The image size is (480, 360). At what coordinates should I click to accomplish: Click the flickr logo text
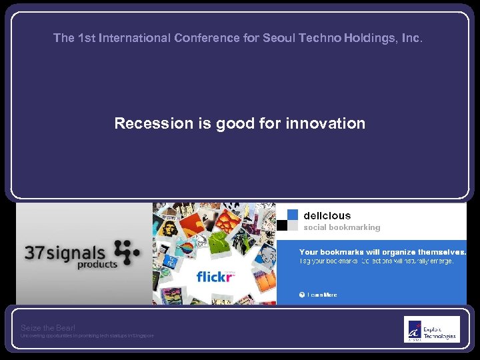(x=215, y=277)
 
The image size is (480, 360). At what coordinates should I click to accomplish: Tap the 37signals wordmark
(x=65, y=253)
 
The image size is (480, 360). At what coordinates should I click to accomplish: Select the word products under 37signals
(x=97, y=265)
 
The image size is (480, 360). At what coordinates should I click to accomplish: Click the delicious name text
(x=327, y=215)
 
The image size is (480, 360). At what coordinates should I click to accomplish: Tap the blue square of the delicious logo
(x=293, y=214)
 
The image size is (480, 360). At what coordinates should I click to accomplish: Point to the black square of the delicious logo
(x=282, y=225)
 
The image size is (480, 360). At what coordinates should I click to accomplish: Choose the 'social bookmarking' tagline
(x=342, y=227)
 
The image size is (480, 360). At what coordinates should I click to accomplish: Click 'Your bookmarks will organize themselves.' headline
(x=382, y=252)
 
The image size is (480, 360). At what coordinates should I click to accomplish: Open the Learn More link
(x=322, y=295)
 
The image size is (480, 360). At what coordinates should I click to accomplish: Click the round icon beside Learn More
(x=301, y=295)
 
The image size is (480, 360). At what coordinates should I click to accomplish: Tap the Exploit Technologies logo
(x=431, y=329)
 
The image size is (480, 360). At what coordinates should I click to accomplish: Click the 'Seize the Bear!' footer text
(x=48, y=327)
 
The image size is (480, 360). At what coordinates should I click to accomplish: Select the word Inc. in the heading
(x=412, y=38)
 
